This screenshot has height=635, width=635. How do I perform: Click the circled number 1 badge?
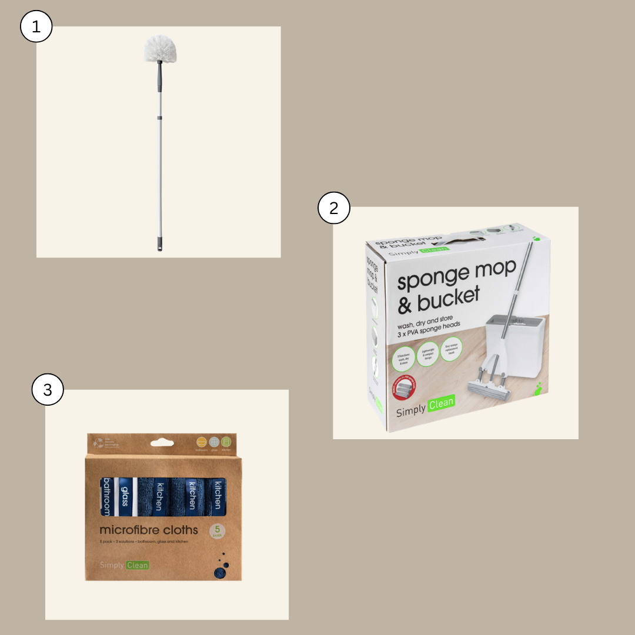36,28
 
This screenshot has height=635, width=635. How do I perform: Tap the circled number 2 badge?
334,209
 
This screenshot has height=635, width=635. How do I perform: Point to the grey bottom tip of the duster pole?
159,245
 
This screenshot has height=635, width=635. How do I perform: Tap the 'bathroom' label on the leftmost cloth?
106,497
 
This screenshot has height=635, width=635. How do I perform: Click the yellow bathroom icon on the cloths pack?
201,442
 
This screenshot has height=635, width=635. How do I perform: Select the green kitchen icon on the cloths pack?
226,442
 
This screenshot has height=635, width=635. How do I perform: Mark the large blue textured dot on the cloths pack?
219,572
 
